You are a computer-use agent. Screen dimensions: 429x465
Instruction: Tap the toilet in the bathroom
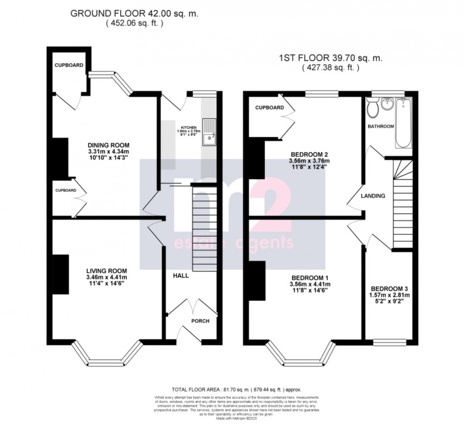[373, 109]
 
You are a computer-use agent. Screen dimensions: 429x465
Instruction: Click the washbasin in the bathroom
[388, 103]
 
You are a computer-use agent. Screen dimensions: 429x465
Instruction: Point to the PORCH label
[200, 321]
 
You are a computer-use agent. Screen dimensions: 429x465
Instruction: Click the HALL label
[181, 276]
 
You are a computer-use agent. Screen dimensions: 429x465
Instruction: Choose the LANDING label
[374, 196]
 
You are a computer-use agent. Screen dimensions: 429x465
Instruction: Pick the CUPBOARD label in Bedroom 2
[269, 108]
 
